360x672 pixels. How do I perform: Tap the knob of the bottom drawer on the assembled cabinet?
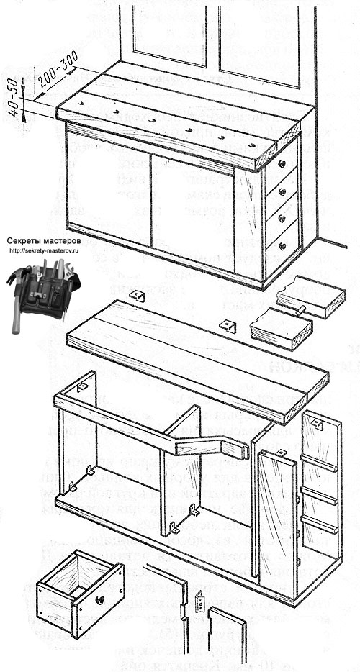click(283, 247)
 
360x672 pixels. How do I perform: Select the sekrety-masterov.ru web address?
click(45, 251)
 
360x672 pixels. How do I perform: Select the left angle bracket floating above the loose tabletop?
click(136, 296)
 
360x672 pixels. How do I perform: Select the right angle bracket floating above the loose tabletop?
click(228, 326)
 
